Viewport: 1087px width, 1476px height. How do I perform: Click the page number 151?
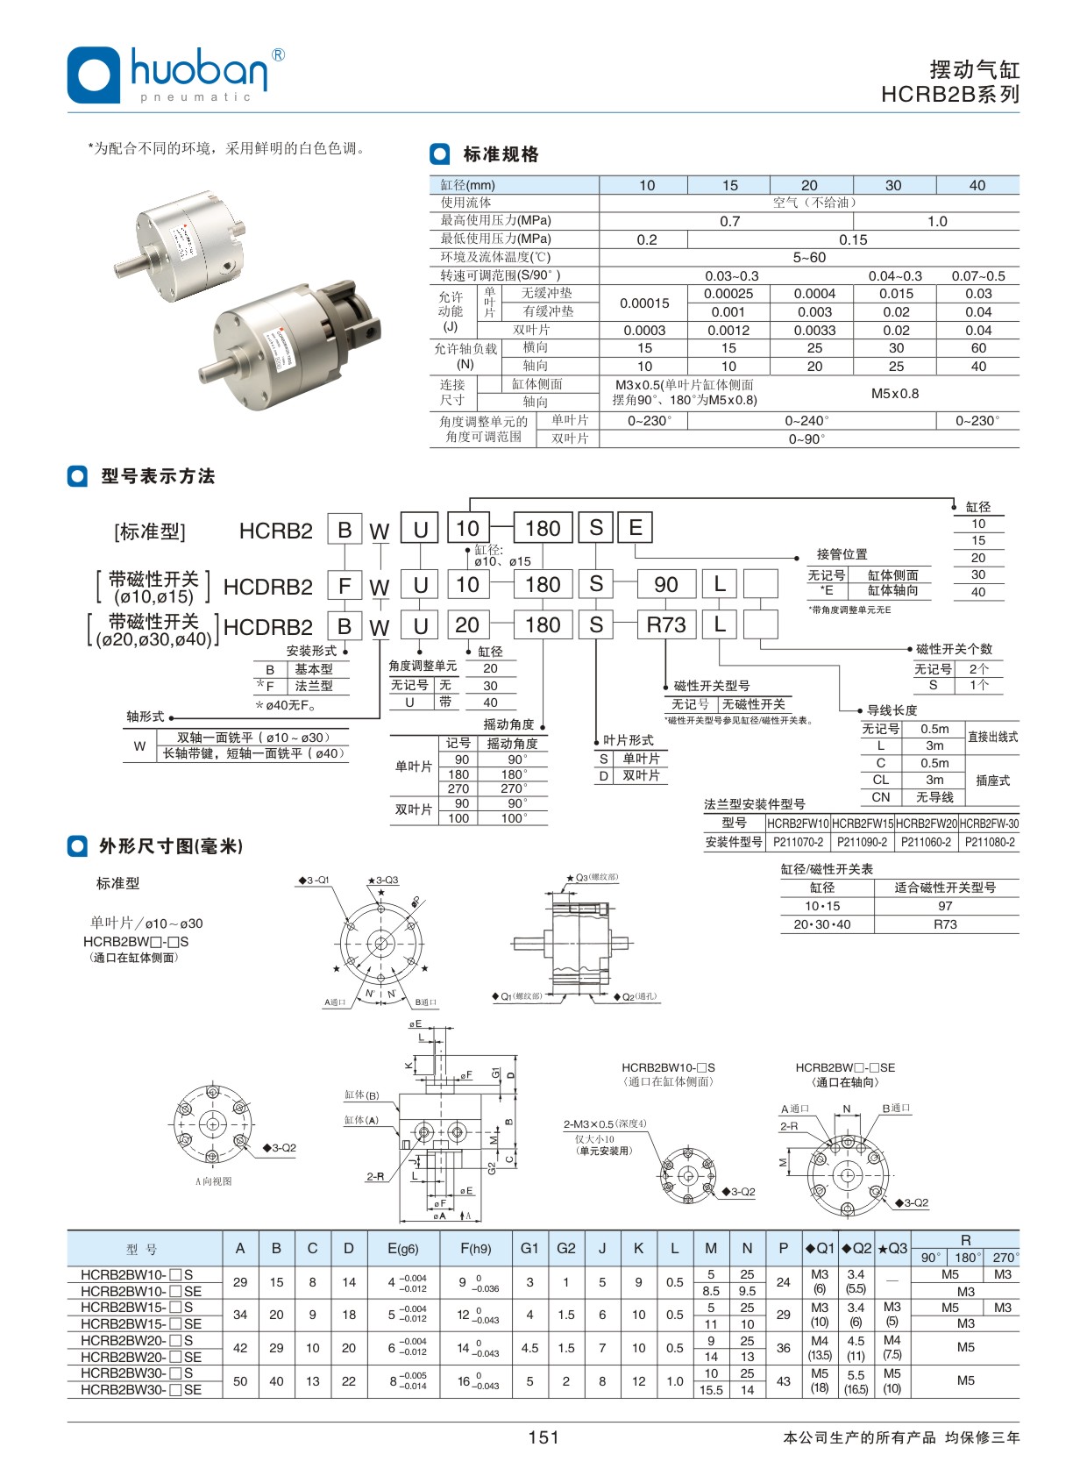coord(543,1437)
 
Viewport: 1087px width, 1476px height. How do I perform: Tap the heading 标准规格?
coord(501,155)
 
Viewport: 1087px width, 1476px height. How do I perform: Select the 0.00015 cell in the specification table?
coord(644,303)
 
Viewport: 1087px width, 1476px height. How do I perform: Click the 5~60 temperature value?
coord(809,258)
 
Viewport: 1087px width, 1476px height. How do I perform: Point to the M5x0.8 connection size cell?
coord(894,394)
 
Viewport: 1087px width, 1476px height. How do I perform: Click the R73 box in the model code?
coord(666,625)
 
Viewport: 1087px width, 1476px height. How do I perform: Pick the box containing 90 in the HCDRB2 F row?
coord(666,585)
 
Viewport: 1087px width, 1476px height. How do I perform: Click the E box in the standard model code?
coord(636,528)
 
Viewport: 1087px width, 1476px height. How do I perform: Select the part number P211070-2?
coord(798,842)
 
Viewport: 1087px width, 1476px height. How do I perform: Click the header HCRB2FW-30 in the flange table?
coord(989,824)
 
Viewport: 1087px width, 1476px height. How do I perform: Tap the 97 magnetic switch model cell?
coord(945,906)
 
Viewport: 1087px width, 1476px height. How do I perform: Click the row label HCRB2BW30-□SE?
coord(141,1390)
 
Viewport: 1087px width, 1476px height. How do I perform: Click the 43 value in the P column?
coord(784,1381)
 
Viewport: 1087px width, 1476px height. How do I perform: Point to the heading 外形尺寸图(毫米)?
coord(171,846)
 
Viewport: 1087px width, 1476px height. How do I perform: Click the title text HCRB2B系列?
coord(950,95)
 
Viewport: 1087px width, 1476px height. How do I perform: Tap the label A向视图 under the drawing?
coord(214,1181)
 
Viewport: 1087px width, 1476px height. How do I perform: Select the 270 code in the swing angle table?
coord(458,788)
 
